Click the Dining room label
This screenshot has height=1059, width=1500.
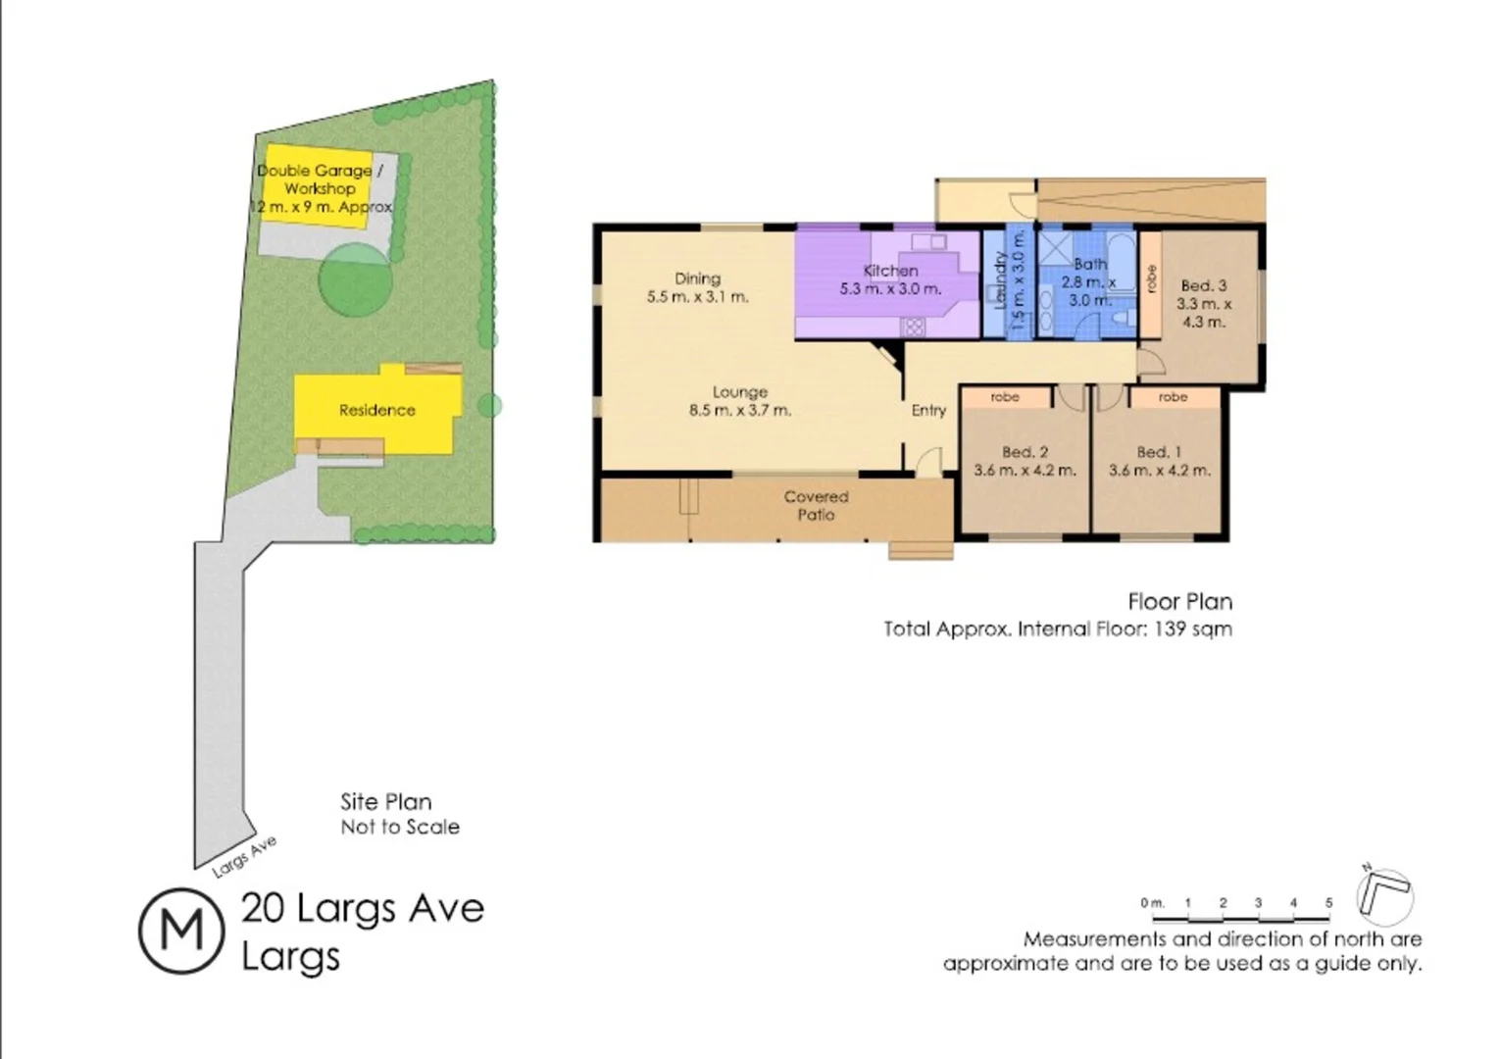tap(697, 278)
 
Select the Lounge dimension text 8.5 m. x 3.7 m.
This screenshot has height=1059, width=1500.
tap(739, 411)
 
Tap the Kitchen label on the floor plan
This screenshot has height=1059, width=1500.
tap(890, 271)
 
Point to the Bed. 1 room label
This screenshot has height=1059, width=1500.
tap(1159, 452)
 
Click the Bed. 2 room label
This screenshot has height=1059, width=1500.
tap(1025, 452)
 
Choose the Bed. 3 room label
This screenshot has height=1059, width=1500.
tap(1203, 286)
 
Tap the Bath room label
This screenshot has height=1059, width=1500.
tap(1089, 264)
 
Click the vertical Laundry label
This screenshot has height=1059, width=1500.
tap(1000, 280)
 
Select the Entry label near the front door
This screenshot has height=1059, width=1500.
tap(928, 410)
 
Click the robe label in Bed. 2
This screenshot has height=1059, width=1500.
tap(1005, 397)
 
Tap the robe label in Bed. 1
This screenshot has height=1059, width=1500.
tap(1173, 397)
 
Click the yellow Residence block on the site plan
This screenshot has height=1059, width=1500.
tap(377, 410)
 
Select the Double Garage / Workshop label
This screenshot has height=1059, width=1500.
tap(320, 179)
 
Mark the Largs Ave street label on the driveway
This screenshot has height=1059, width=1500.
tap(244, 856)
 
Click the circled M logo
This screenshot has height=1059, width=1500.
tap(181, 931)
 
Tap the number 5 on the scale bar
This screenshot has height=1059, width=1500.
tap(1328, 903)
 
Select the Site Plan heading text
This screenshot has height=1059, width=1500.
tap(385, 802)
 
